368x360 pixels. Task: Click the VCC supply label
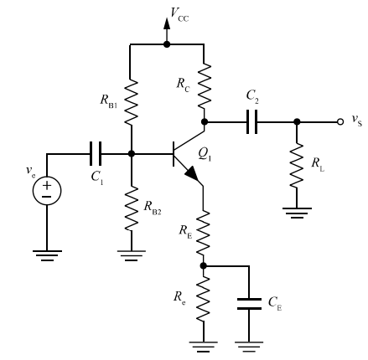point(179,14)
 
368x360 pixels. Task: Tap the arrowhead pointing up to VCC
point(167,23)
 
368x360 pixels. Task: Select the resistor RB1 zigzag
point(131,102)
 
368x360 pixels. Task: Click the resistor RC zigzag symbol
point(205,86)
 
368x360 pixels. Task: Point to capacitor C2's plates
point(252,122)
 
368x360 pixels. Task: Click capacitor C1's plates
point(96,153)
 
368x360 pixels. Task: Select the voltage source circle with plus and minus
point(47,191)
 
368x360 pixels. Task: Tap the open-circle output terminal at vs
point(339,122)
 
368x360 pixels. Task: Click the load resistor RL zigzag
point(297,165)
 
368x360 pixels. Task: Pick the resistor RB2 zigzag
point(131,208)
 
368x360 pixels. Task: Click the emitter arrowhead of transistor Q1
point(192,174)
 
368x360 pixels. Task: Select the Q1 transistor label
point(205,154)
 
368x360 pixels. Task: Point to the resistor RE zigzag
point(203,233)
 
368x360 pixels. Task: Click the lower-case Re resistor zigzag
point(203,299)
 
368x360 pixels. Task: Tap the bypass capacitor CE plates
point(249,304)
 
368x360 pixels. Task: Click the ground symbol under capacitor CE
point(249,346)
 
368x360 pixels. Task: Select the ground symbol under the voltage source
point(47,255)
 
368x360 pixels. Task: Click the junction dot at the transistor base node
point(131,153)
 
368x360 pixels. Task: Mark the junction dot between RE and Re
point(204,265)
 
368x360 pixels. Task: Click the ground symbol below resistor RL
point(297,213)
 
